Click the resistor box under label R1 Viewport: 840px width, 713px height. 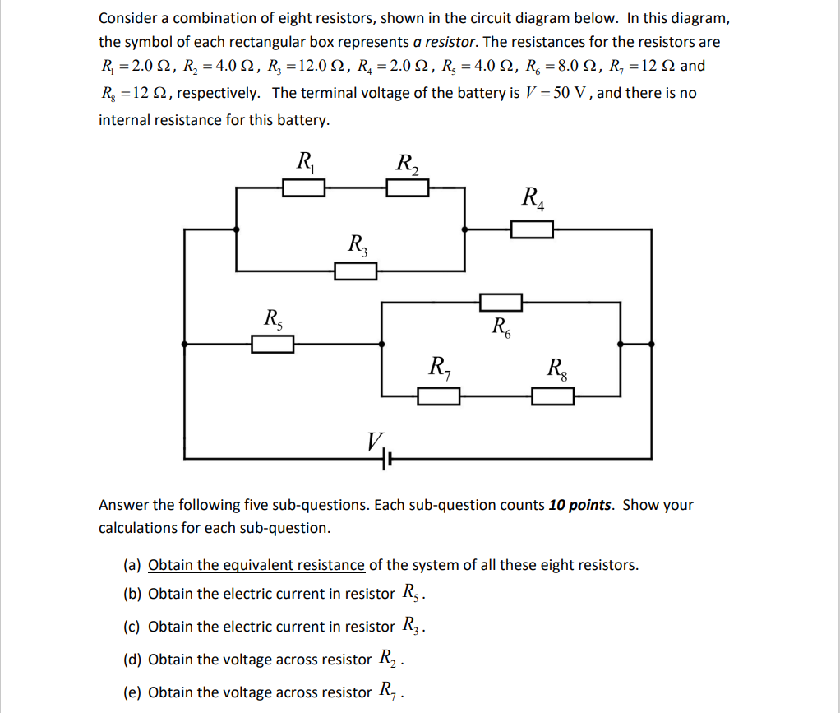pyautogui.click(x=304, y=189)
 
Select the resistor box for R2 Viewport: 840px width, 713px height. pyautogui.click(x=408, y=189)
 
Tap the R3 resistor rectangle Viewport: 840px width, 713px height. pyautogui.click(x=355, y=271)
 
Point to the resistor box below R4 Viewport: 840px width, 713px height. pyautogui.click(x=532, y=229)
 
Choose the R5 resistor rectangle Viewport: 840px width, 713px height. pyautogui.click(x=272, y=344)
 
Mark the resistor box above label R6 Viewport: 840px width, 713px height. pyautogui.click(x=501, y=302)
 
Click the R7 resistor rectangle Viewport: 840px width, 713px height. pyautogui.click(x=439, y=397)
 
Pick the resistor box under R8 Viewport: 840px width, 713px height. pyautogui.click(x=552, y=397)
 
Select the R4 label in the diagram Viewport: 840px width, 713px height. pyautogui.click(x=532, y=198)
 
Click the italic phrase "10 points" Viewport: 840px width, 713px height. pyautogui.click(x=579, y=505)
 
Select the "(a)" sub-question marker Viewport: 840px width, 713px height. pyautogui.click(x=132, y=565)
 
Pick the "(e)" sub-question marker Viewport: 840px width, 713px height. pyautogui.click(x=132, y=692)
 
